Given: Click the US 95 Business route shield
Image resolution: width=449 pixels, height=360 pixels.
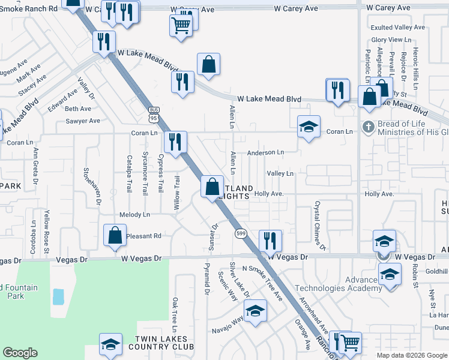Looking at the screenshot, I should pos(154,114).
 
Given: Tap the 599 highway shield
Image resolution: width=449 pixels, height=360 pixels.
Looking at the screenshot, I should pos(241,233).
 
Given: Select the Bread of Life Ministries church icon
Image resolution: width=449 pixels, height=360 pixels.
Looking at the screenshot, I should pos(367,127).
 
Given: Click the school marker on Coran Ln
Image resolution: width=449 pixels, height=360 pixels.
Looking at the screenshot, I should pos(308,127).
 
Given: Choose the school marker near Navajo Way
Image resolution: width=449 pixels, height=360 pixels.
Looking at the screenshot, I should pos(255,311).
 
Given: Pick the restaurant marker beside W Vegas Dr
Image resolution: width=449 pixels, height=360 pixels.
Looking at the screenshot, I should pos(270,241).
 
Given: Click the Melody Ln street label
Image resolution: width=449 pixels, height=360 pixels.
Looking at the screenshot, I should pos(134,214).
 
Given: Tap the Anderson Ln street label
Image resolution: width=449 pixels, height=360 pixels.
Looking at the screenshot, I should pos(265,152).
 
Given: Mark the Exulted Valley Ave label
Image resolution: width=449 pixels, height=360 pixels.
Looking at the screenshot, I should pos(398,28).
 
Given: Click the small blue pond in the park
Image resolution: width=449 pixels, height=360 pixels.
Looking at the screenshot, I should pos(58,296).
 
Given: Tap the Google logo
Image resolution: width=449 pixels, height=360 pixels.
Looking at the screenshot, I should pos(20,353).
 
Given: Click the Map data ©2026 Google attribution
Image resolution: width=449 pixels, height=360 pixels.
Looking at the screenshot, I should pos(412,355).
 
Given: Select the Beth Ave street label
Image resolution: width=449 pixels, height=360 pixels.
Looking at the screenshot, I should pos(78,109).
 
